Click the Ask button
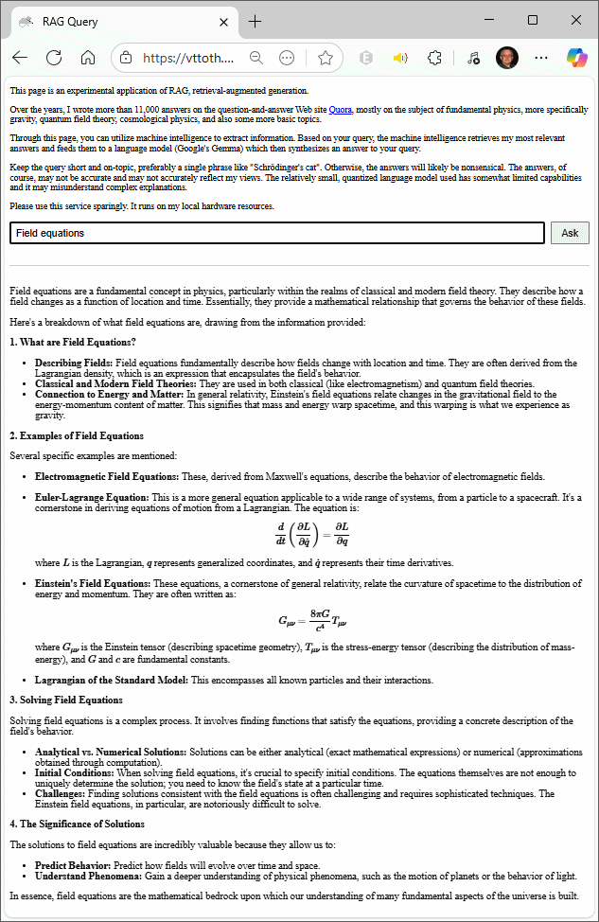pos(570,233)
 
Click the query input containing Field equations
pos(277,233)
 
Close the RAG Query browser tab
pos(224,22)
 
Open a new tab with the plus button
pos(255,22)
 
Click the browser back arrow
pos(20,58)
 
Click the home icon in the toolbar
pos(88,58)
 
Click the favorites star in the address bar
pos(326,58)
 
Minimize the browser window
pos(488,20)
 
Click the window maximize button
pos(533,20)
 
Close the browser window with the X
pos(576,20)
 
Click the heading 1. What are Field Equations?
pos(73,342)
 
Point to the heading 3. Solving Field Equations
pos(66,700)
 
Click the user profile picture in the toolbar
pos(507,58)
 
